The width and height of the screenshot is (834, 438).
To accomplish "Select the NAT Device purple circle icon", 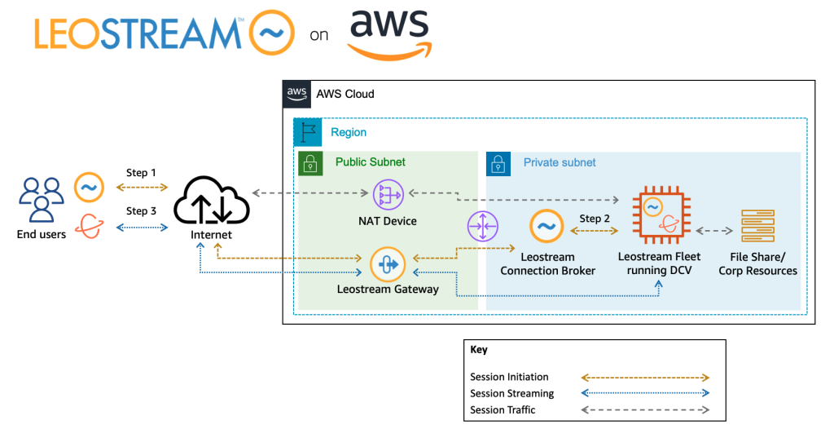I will click(388, 194).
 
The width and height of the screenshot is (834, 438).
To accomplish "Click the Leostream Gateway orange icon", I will click(388, 264).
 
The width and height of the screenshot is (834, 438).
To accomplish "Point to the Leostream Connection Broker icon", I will click(546, 228).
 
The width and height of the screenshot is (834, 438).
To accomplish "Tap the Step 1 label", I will click(142, 173).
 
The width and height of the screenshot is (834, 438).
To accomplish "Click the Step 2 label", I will click(595, 219).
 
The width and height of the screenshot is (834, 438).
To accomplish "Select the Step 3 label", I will click(142, 211).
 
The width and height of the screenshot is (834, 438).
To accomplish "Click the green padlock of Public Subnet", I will click(310, 162).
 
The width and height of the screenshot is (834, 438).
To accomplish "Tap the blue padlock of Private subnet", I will click(498, 163).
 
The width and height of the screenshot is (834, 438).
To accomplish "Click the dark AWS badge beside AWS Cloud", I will click(296, 94).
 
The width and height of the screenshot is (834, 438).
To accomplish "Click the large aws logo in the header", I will click(390, 35).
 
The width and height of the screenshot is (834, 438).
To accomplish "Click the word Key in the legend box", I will click(479, 349).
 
